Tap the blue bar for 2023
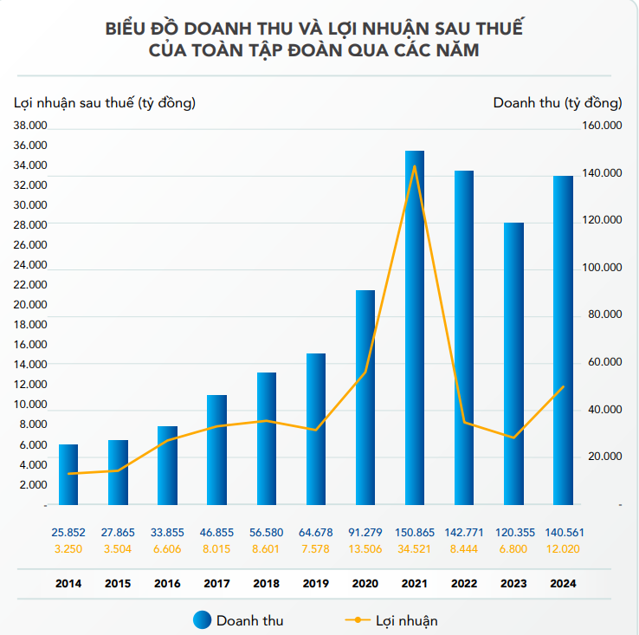pos(513,364)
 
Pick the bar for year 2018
pos(266,438)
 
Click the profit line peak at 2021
pos(415,166)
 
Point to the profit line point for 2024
pos(563,386)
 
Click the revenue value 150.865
pos(415,532)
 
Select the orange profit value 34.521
pos(415,548)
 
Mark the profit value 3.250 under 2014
pos(68,548)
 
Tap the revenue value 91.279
pos(365,532)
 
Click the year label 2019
pos(316,584)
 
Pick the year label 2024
pos(563,584)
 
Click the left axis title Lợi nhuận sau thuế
pos(105,103)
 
